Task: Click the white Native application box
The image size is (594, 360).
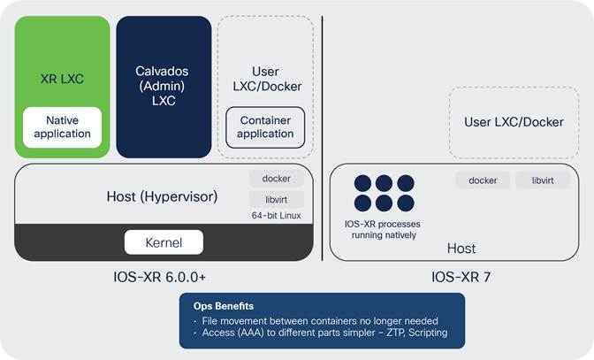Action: pos(63,127)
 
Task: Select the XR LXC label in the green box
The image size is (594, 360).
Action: pos(63,78)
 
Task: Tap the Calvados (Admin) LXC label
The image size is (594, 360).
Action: pos(164,85)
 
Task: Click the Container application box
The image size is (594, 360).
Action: pos(265,127)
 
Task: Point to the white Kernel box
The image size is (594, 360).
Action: pos(164,241)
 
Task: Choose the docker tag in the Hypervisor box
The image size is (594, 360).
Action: pos(277,179)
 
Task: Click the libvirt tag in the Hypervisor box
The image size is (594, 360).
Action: pos(277,199)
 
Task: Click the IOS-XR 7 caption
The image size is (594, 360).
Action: pos(461,278)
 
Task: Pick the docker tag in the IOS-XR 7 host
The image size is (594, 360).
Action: pos(483,180)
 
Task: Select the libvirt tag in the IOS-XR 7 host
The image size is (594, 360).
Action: pos(543,180)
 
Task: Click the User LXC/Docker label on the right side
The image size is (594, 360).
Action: pos(514,122)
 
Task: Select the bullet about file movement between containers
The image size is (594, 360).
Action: pos(317,320)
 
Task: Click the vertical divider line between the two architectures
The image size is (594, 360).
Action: pos(323,133)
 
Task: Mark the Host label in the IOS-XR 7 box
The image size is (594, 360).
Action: pos(461,249)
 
